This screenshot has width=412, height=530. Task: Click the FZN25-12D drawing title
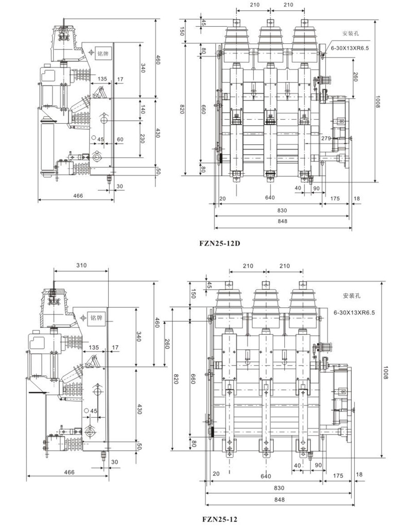point(220,243)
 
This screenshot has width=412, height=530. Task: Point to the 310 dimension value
point(81,266)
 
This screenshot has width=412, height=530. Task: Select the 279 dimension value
point(326,138)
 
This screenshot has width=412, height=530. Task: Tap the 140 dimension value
point(143,109)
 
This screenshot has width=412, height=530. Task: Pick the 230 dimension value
point(143,139)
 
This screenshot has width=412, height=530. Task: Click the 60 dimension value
point(120,139)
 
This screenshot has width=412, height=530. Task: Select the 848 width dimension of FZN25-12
point(279,499)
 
